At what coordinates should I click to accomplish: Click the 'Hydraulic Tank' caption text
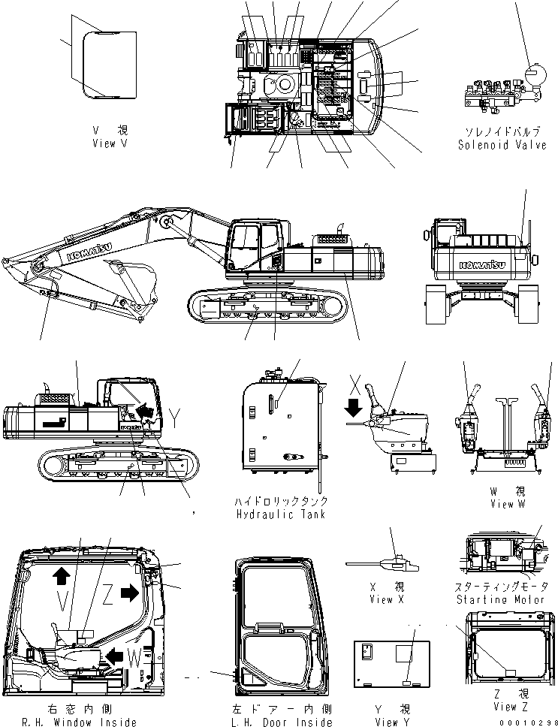point(282,514)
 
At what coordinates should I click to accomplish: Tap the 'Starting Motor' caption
point(502,599)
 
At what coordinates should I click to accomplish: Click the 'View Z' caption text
point(505,706)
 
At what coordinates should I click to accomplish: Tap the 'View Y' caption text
point(391,722)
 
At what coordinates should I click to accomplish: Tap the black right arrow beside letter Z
point(129,593)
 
